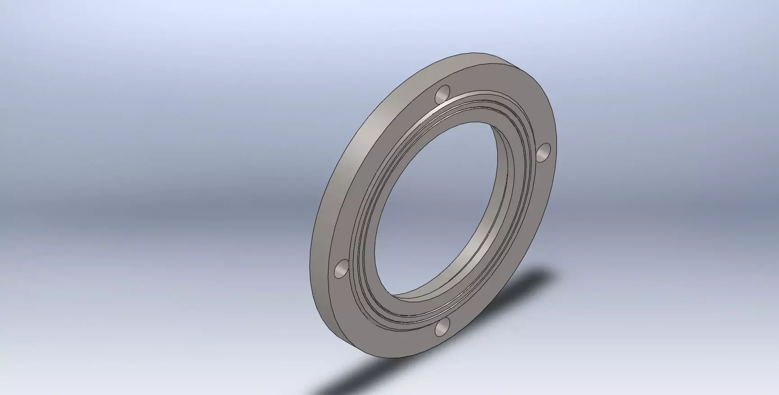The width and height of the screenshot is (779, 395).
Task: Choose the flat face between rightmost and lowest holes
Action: tap(523, 252)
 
